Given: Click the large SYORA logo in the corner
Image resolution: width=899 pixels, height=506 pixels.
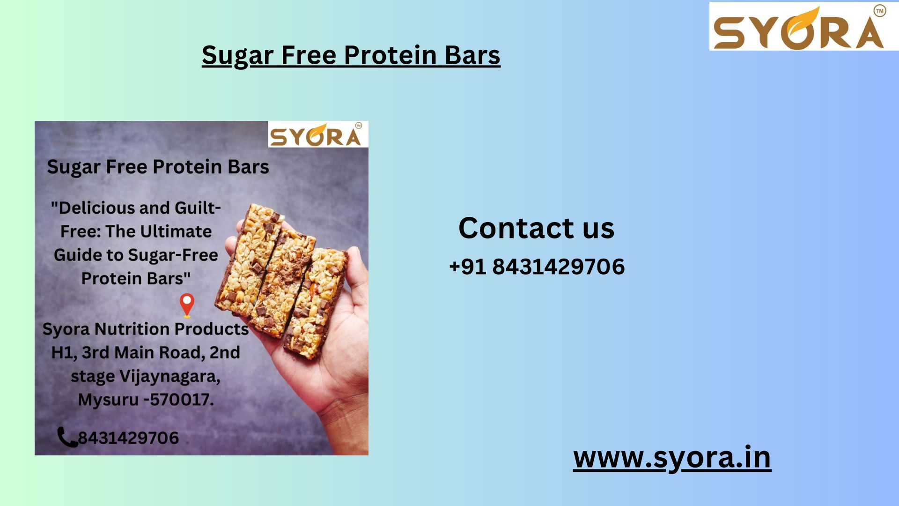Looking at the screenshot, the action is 803,26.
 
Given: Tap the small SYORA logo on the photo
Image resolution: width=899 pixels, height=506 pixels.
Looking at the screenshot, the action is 318,134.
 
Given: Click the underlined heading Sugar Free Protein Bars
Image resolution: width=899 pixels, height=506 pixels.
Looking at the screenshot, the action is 351,55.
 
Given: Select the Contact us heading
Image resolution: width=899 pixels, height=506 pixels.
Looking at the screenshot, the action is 536,228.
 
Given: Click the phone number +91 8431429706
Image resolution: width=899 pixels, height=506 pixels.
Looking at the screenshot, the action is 537,267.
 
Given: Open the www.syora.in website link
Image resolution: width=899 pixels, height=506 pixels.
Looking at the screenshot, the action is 672,458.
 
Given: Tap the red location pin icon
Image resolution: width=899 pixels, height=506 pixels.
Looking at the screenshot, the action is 187,305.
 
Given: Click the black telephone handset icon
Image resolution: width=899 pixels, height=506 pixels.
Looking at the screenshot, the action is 67,437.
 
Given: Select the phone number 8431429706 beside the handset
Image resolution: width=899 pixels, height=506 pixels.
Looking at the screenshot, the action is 128,438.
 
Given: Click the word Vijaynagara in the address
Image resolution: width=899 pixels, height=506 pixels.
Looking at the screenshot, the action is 170,377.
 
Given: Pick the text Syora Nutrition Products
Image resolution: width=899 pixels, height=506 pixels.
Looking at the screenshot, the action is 146,329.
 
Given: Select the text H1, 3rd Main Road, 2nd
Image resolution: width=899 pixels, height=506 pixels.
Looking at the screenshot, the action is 146,352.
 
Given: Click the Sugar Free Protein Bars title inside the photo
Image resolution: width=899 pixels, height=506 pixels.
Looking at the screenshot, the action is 158,167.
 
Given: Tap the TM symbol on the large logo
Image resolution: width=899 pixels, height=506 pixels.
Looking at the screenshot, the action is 880,10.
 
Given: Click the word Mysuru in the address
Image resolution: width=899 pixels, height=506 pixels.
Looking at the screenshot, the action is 108,400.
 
